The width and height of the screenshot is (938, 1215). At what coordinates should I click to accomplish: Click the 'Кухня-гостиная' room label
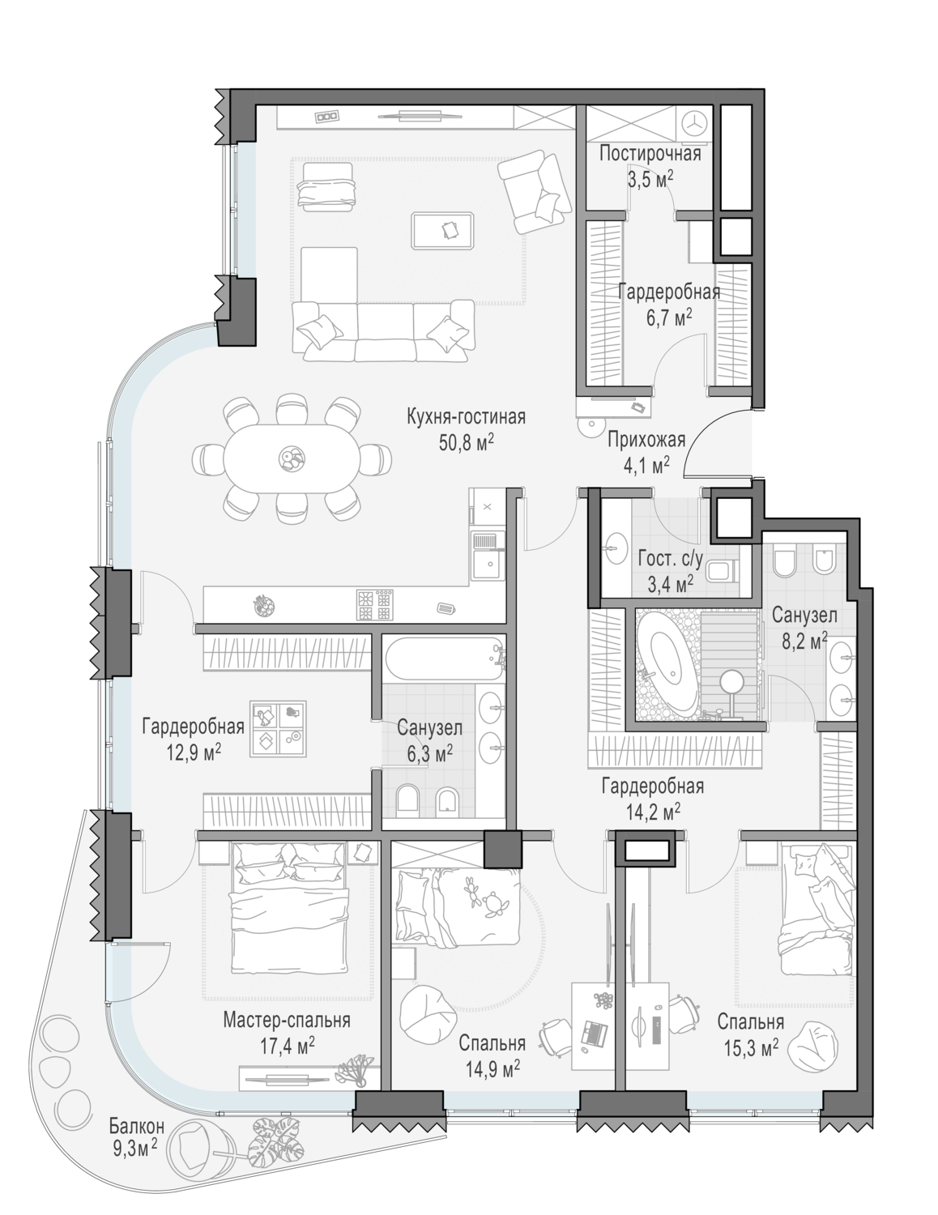coord(467,418)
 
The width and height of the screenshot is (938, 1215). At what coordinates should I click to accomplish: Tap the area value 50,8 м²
coord(467,444)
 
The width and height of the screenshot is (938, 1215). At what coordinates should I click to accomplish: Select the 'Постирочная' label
coord(650,154)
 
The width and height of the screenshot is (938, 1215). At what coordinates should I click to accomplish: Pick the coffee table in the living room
coord(443,230)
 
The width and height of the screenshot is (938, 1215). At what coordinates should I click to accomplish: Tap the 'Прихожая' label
coord(646,440)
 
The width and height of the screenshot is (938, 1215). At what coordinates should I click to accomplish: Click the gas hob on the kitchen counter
coord(374,605)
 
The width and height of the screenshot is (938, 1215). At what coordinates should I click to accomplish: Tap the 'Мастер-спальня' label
coord(287,1020)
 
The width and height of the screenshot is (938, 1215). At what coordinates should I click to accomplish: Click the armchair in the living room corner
coord(535,192)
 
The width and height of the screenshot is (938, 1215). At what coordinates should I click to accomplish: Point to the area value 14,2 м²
coord(652,812)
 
